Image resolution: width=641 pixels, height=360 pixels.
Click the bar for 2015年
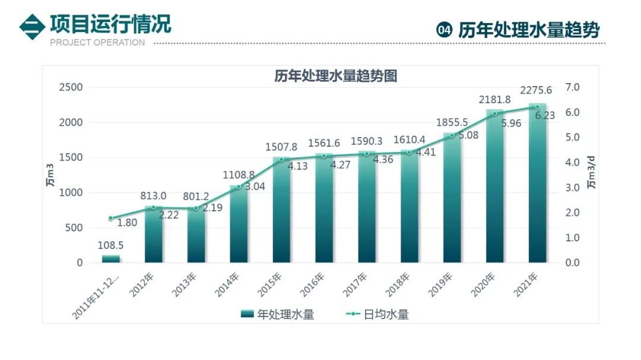pos(281,210)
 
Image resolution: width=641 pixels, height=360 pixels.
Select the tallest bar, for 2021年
pos(537,183)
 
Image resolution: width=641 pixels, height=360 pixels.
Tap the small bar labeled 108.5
pos(111,259)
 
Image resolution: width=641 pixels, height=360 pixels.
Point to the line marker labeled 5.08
pos(452,135)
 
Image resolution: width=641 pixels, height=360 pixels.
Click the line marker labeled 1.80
pos(111,218)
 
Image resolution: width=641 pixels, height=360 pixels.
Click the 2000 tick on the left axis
pos(71,123)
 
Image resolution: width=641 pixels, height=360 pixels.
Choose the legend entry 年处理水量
pos(278,314)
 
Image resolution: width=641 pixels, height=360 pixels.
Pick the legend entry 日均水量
pos(377,314)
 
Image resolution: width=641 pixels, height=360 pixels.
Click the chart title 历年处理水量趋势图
pos(335,76)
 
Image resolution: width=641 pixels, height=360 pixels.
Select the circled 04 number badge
pos(445,30)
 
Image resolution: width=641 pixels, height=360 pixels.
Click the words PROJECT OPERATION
pos(97,43)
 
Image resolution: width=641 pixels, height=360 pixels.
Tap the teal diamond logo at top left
pos(32,27)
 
